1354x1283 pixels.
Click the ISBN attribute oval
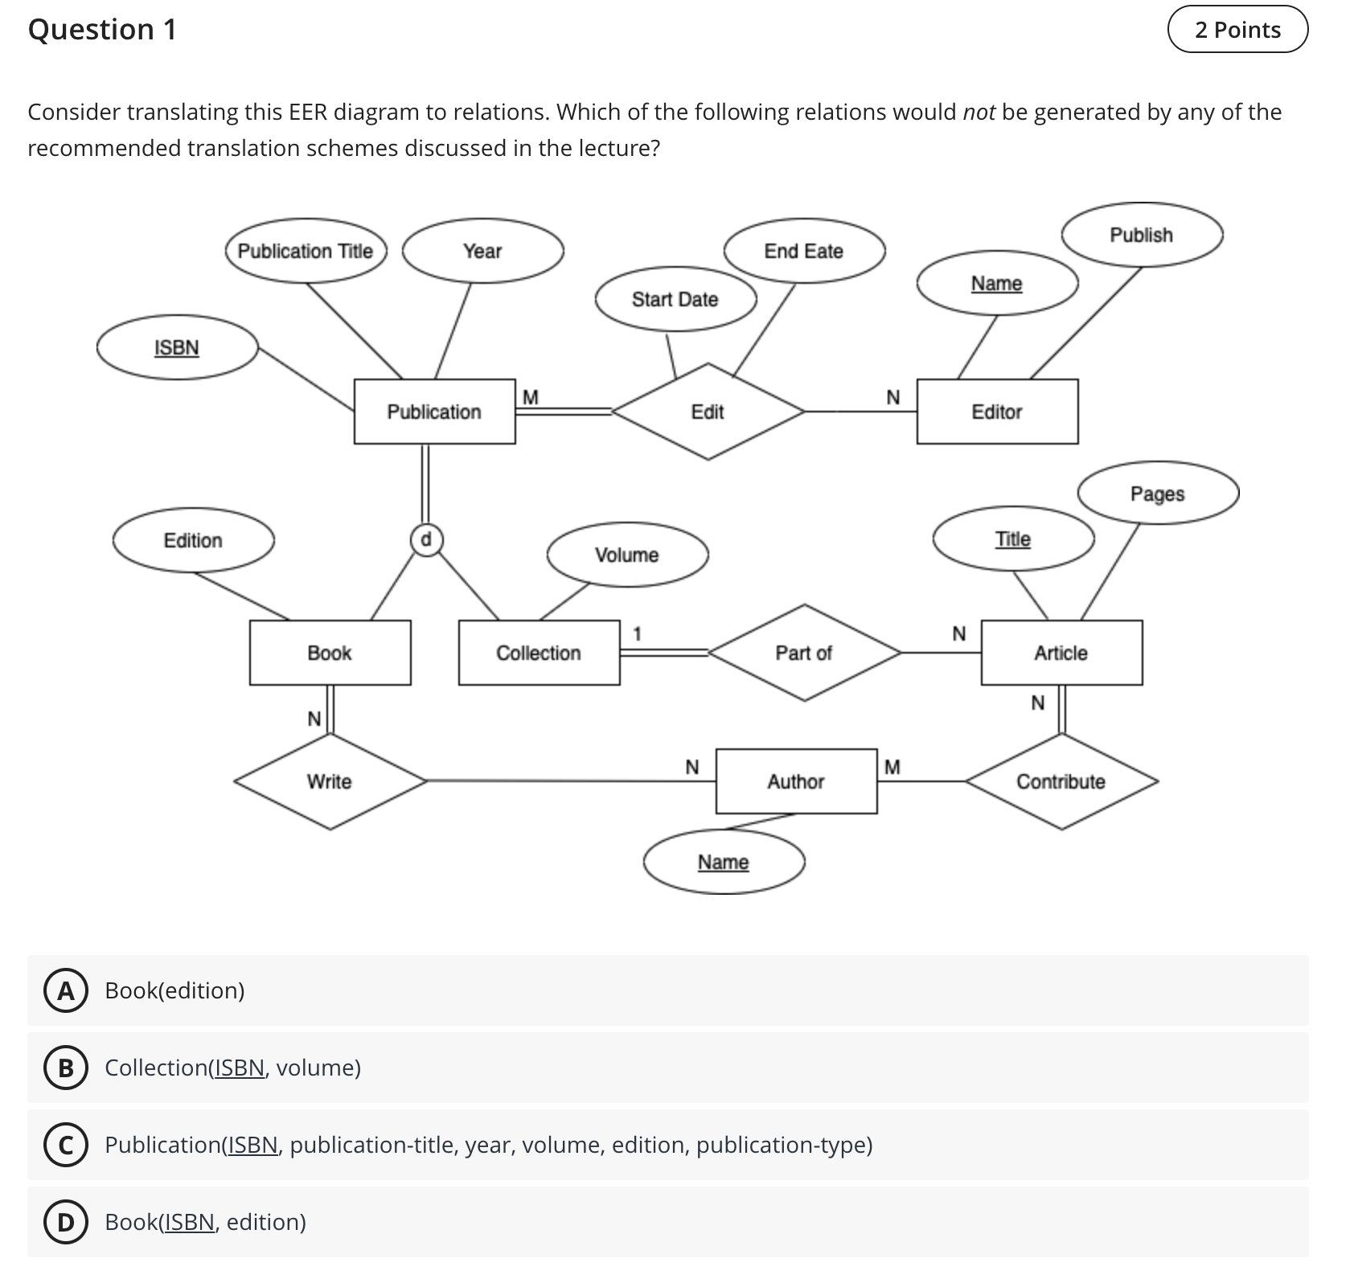tap(177, 347)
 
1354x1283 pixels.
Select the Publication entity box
tap(434, 412)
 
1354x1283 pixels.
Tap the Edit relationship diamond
tap(708, 412)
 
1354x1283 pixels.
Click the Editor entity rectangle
tap(997, 412)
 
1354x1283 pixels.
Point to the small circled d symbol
tap(426, 539)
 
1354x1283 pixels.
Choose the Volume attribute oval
tap(627, 555)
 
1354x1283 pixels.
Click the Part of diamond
tap(804, 653)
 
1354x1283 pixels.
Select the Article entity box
tap(1061, 653)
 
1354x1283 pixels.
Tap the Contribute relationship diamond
tap(1061, 781)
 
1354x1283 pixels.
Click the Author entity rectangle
tap(796, 781)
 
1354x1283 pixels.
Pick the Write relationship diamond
tap(330, 781)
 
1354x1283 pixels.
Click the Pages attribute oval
tap(1158, 493)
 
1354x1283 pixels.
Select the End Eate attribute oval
tap(804, 251)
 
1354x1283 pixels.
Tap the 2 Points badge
tap(1237, 30)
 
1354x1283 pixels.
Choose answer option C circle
tap(65, 1146)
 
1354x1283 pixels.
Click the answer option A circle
tap(65, 991)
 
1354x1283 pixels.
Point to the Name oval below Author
tap(724, 862)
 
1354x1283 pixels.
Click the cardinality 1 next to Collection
tap(637, 634)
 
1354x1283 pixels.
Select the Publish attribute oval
tap(1142, 235)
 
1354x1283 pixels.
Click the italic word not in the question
tap(979, 112)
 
